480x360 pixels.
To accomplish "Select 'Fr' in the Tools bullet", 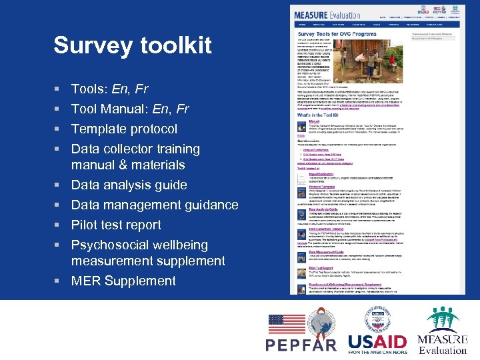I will pyautogui.click(x=140, y=89).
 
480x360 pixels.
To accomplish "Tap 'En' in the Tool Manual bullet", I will pyautogui.click(x=161, y=109).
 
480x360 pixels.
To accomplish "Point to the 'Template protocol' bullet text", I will pyautogui.click(x=124, y=129).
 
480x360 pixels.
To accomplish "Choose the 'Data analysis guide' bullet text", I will pyautogui.click(x=129, y=185).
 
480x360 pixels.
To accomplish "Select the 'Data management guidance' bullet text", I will pyautogui.click(x=154, y=205).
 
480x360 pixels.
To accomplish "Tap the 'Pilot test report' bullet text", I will pyautogui.click(x=116, y=225).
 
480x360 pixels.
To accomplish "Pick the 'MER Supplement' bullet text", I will pyautogui.click(x=123, y=281).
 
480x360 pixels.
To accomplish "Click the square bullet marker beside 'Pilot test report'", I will pyautogui.click(x=58, y=225).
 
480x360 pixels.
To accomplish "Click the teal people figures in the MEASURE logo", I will pyautogui.click(x=442, y=319).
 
